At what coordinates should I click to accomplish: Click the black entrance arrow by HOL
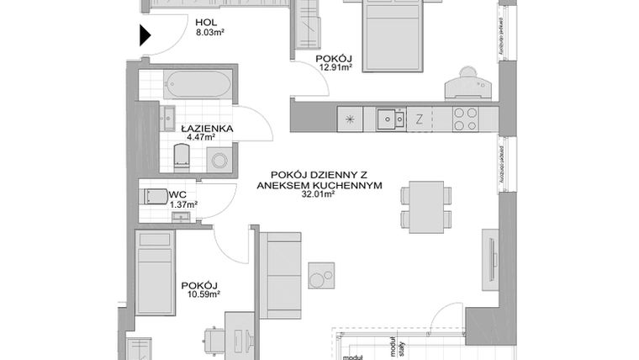click(145, 36)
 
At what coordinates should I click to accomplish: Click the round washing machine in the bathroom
click(220, 160)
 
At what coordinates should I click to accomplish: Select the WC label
click(177, 193)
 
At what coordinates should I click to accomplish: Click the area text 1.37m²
click(184, 204)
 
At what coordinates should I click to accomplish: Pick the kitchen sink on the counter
click(388, 119)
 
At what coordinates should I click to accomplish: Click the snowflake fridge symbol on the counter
click(350, 119)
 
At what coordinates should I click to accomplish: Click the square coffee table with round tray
click(321, 275)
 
